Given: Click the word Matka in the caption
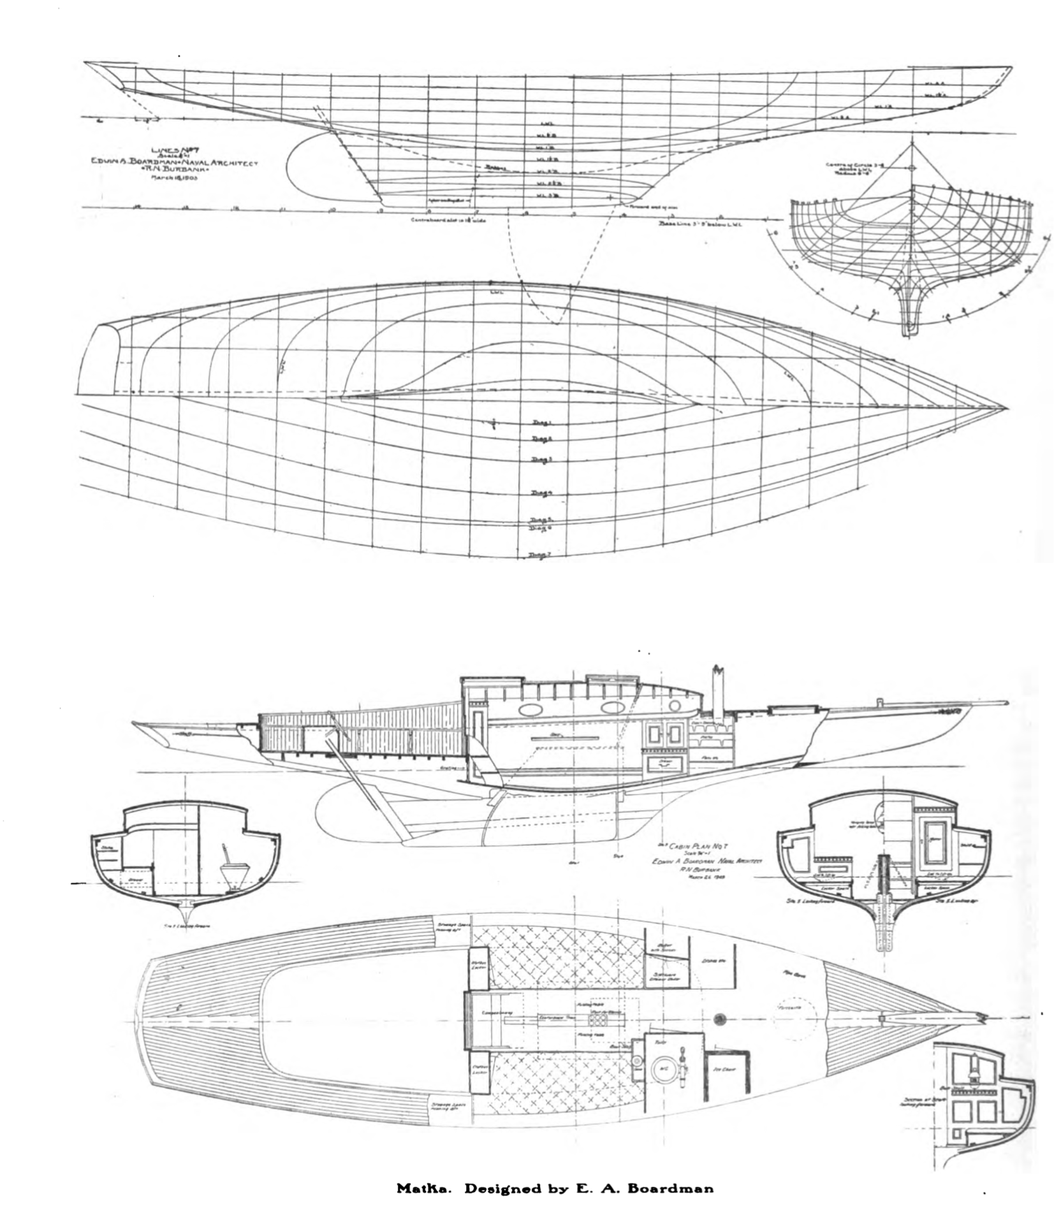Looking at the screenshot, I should (416, 1188).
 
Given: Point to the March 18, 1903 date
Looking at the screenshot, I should (173, 178).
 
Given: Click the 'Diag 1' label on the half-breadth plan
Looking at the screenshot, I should (540, 423).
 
